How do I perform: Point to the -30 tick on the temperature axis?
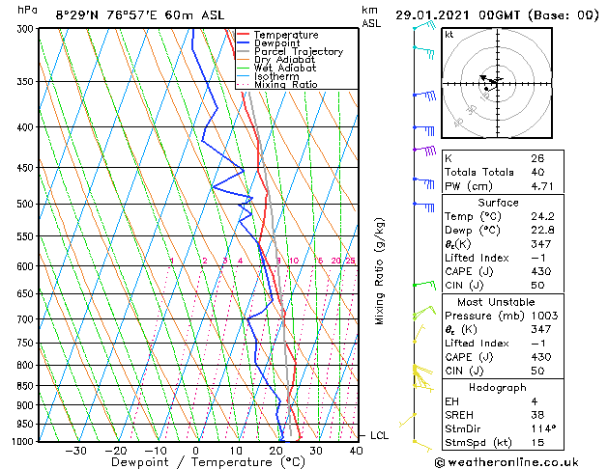[75, 450]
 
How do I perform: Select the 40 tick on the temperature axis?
[357, 450]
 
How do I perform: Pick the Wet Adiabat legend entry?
[286, 68]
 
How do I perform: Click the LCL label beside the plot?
[379, 435]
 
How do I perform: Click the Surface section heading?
[519, 203]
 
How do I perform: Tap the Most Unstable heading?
[519, 301]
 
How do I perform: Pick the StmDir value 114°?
[543, 428]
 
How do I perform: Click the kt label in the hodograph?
[449, 34]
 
